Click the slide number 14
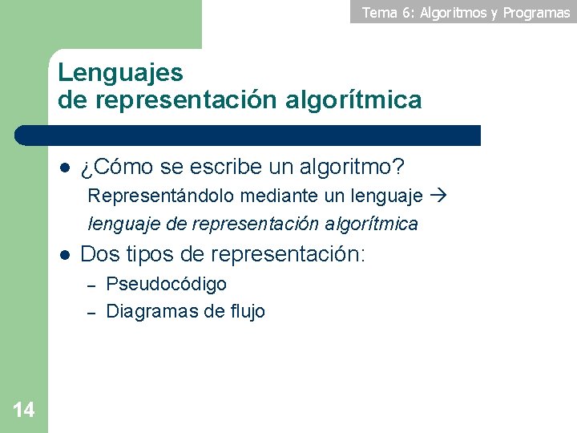(24, 411)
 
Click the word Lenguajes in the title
(120, 73)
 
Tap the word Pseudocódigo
(166, 284)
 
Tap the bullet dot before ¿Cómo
(65, 168)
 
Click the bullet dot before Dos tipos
(65, 255)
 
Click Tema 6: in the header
(388, 12)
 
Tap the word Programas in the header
(536, 13)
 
